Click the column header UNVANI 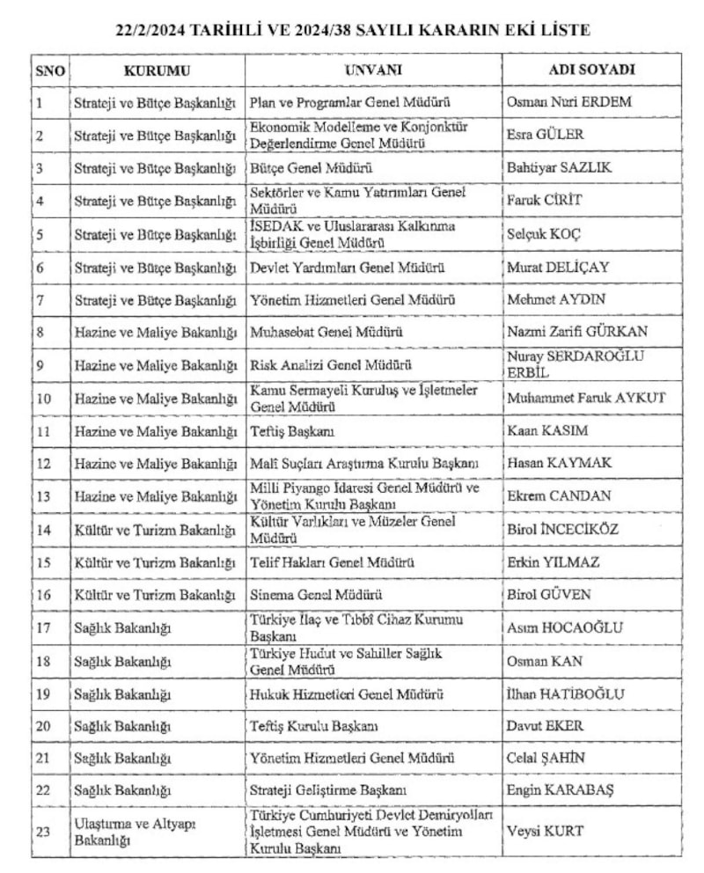(x=373, y=70)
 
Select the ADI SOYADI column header (x=591, y=70)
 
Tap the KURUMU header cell (x=157, y=70)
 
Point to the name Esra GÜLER (x=546, y=135)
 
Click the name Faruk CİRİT (x=545, y=200)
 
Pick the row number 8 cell (x=40, y=332)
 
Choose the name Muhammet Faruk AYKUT (x=586, y=398)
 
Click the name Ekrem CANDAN (x=559, y=495)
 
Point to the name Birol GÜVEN (x=549, y=594)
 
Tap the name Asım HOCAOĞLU (x=565, y=627)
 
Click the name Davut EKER (x=546, y=726)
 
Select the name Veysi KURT (x=546, y=831)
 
